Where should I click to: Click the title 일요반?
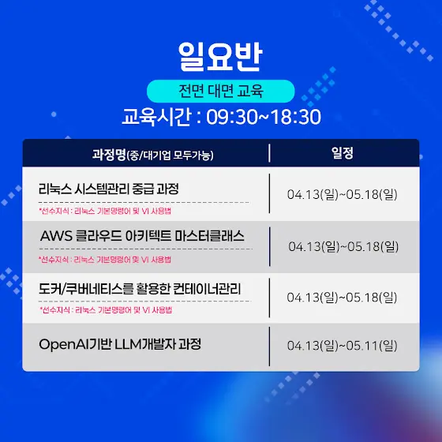click(220, 56)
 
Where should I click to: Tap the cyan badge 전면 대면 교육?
click(221, 91)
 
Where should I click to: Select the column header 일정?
click(343, 153)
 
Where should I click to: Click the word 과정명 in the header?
click(109, 155)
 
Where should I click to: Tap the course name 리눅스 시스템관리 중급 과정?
click(109, 189)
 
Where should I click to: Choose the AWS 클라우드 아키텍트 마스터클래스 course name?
click(142, 236)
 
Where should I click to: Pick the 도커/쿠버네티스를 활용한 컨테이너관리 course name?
click(140, 288)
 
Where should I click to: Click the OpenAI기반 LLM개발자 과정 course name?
click(120, 344)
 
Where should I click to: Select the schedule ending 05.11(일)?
click(343, 346)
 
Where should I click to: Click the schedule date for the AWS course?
click(343, 246)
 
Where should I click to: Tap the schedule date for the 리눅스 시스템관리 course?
click(343, 194)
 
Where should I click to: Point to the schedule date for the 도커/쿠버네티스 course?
click(342, 298)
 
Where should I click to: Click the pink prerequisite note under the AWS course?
click(105, 260)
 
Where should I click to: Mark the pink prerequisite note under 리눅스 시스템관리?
click(105, 211)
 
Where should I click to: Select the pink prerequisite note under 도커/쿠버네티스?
click(106, 310)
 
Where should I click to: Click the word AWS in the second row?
click(56, 236)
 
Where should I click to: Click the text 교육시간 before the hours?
click(157, 117)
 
